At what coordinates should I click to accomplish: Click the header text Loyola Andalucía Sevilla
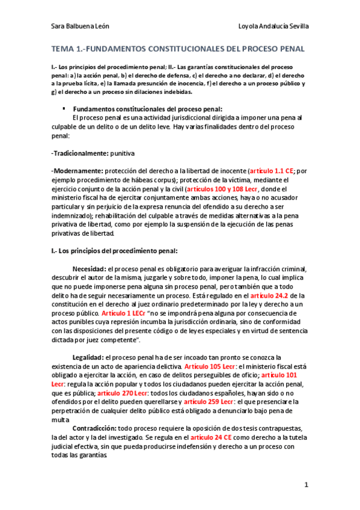(274, 27)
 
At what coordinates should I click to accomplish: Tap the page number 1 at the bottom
(306, 484)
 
